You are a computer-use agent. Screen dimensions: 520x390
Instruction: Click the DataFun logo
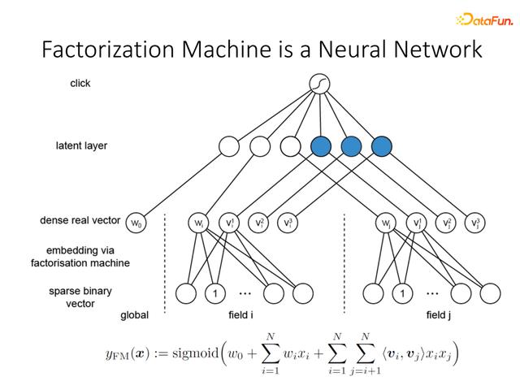[484, 19]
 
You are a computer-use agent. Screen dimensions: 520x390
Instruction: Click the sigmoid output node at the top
[319, 84]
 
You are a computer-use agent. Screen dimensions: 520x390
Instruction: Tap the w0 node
[136, 223]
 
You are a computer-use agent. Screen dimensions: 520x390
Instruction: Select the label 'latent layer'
[81, 145]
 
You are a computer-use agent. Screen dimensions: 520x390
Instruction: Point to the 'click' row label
[80, 83]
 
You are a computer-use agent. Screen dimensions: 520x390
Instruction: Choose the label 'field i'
[240, 314]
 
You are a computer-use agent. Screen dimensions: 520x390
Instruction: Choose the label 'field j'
[439, 314]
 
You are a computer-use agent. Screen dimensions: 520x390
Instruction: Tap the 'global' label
[134, 315]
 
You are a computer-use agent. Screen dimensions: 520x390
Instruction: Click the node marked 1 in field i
[215, 293]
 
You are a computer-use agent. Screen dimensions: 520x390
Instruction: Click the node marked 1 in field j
[402, 293]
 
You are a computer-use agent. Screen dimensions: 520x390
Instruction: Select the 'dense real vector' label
[80, 220]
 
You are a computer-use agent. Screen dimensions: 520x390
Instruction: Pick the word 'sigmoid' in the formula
[195, 353]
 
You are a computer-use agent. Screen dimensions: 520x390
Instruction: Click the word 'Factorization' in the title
[108, 49]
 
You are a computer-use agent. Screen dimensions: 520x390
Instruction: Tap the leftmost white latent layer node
[229, 146]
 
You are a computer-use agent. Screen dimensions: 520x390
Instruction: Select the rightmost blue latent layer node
[381, 146]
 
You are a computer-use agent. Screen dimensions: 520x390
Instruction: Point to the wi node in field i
[198, 223]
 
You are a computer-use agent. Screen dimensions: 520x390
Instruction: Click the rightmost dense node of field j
[474, 223]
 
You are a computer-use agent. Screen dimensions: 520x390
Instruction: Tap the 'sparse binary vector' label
[80, 297]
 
